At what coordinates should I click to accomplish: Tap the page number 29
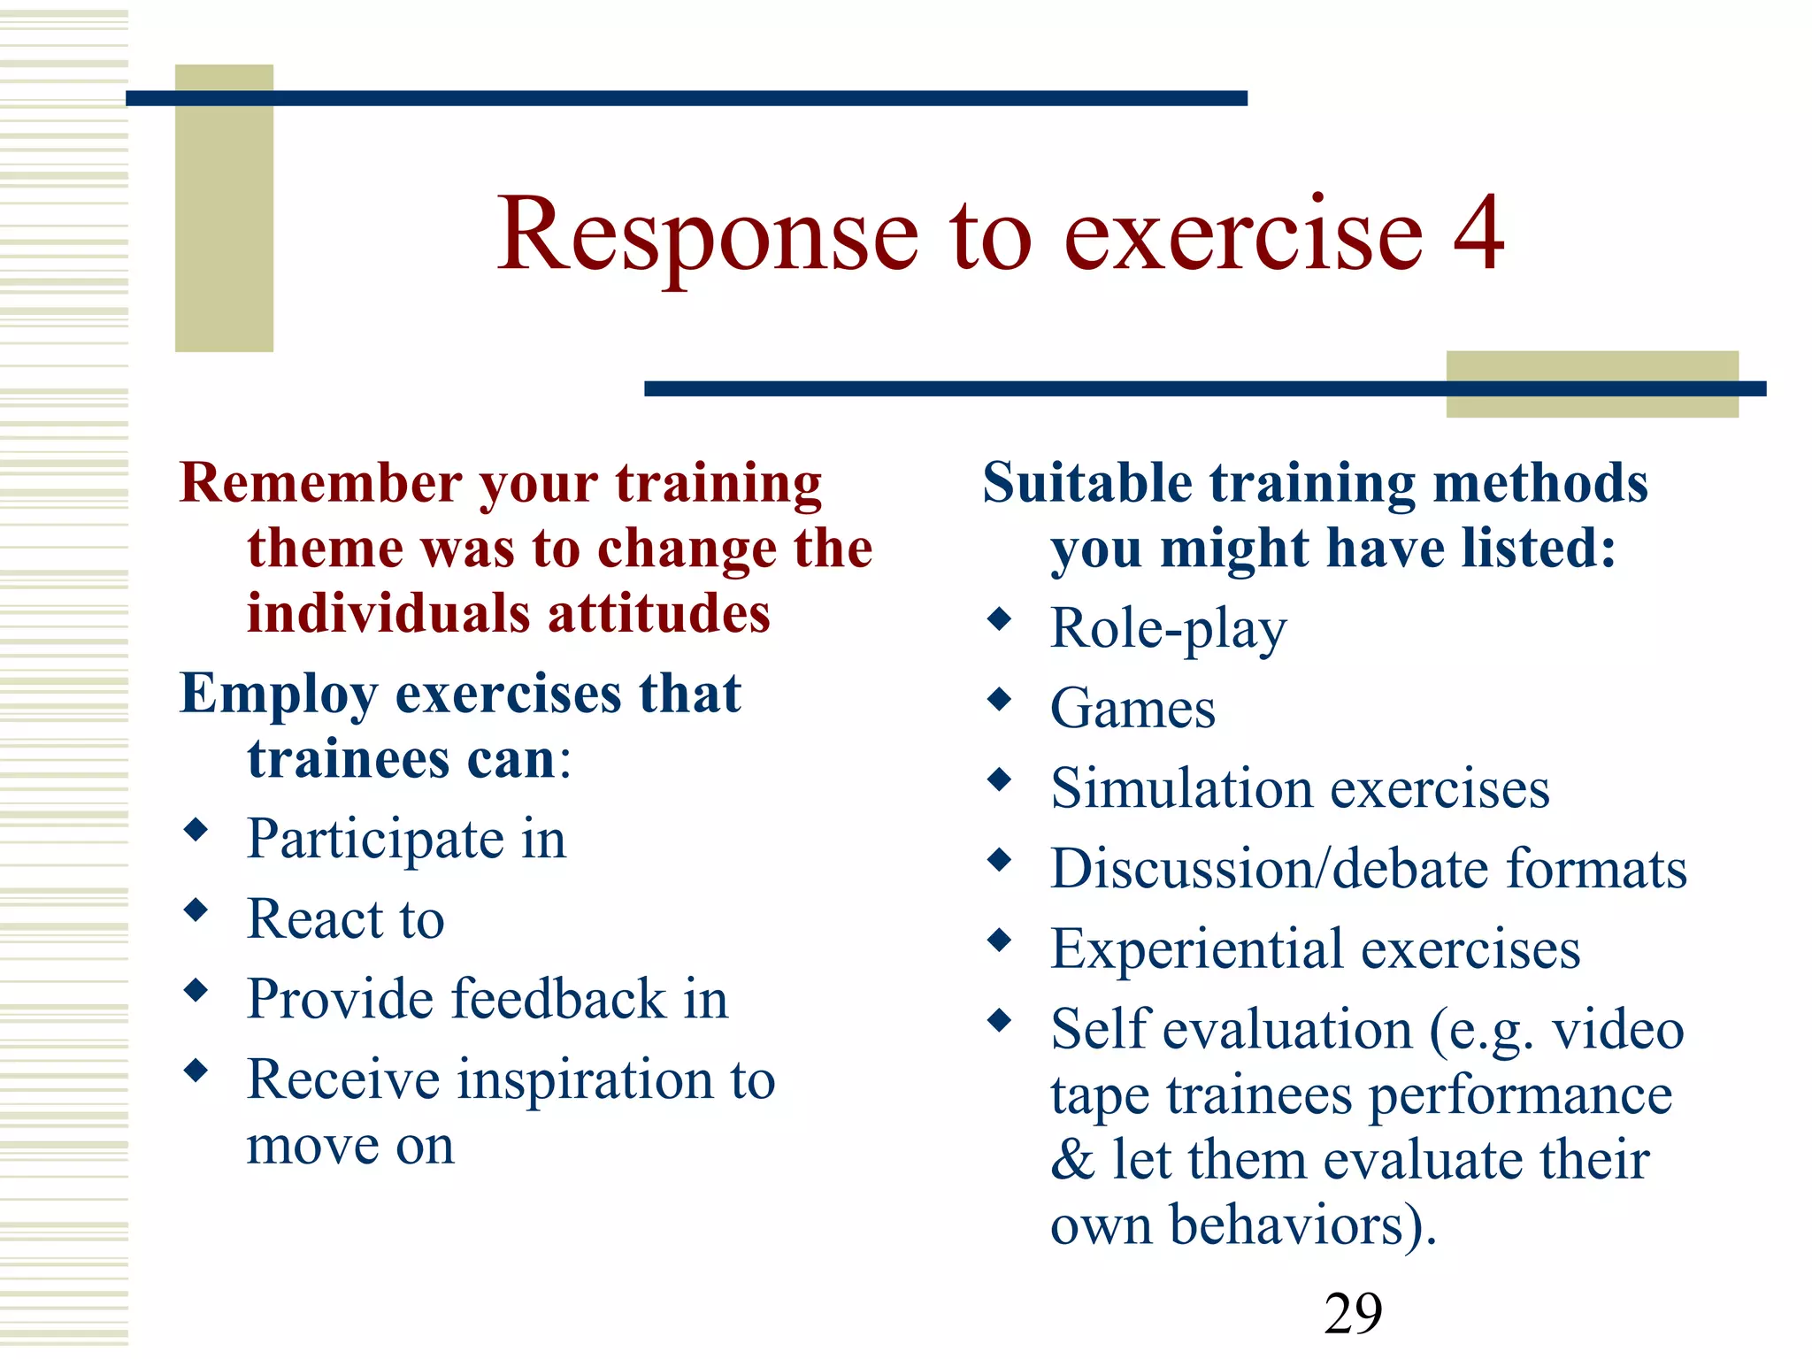[1353, 1313]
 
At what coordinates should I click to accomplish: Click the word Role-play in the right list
[1168, 629]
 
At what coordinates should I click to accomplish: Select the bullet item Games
[1132, 709]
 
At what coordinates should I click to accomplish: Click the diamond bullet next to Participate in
[196, 830]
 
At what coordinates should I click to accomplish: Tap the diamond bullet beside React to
[196, 910]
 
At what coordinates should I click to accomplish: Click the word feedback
[558, 999]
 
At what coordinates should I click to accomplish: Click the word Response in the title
[708, 234]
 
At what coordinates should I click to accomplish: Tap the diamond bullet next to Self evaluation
[999, 1021]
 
